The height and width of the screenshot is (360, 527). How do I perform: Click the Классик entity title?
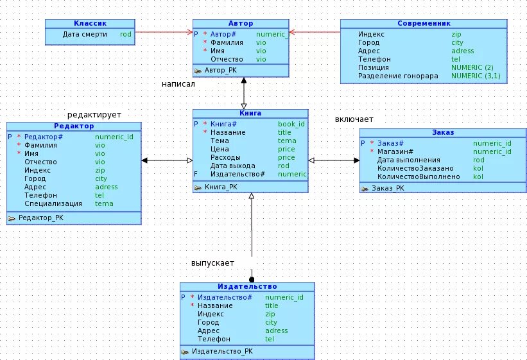90,23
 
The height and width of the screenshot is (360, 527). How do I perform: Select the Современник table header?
424,23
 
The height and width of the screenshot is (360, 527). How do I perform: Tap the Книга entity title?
250,113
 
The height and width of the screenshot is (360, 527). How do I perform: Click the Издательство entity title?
247,286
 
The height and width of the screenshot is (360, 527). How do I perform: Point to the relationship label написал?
178,84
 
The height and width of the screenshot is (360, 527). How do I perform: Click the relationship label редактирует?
94,115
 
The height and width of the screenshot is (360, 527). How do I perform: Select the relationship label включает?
354,119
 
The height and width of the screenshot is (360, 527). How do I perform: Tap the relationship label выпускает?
212,263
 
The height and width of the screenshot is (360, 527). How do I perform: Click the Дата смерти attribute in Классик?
85,34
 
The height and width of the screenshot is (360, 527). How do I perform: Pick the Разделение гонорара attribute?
398,76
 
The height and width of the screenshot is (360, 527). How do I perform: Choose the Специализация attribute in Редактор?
53,203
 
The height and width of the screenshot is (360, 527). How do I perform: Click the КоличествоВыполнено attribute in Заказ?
419,177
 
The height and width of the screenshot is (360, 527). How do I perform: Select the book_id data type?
291,124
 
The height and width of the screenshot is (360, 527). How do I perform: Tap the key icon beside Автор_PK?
198,71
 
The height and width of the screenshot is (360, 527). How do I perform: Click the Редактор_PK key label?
41,218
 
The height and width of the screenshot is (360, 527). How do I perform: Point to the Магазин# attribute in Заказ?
395,151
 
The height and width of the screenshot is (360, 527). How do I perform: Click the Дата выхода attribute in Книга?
232,166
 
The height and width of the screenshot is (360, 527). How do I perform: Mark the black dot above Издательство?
252,280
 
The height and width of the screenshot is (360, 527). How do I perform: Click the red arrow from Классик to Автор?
164,32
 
